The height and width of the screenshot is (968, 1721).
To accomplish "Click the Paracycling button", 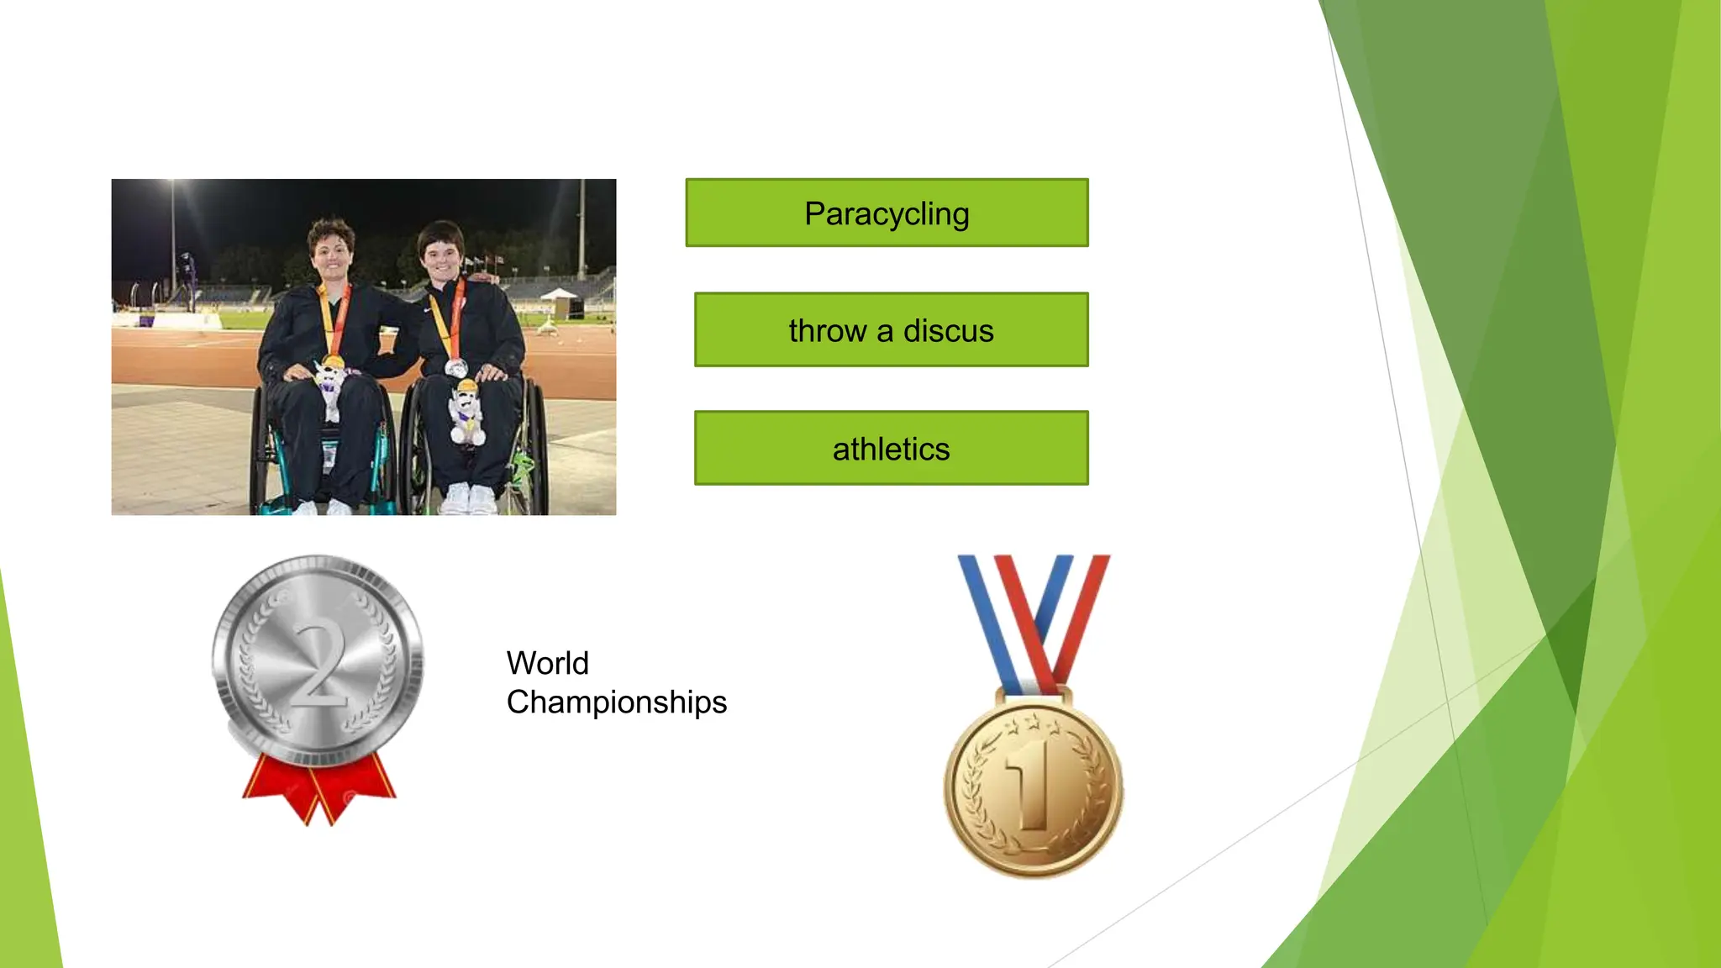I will tap(887, 213).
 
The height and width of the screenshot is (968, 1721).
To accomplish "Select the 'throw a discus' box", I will tap(891, 330).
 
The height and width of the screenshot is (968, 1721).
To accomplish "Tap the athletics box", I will tap(891, 449).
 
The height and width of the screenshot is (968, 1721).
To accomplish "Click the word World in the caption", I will tap(547, 664).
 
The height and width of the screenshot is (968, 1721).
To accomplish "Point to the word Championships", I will tap(616, 702).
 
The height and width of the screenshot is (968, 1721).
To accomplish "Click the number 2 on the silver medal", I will tap(319, 664).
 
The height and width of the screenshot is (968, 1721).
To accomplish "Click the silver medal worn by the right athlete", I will tap(455, 368).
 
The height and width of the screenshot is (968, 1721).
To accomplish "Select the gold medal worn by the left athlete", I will tap(334, 362).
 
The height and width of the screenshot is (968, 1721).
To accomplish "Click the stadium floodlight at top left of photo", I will tap(172, 183).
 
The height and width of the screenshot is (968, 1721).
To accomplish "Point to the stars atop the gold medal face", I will tap(1032, 722).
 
